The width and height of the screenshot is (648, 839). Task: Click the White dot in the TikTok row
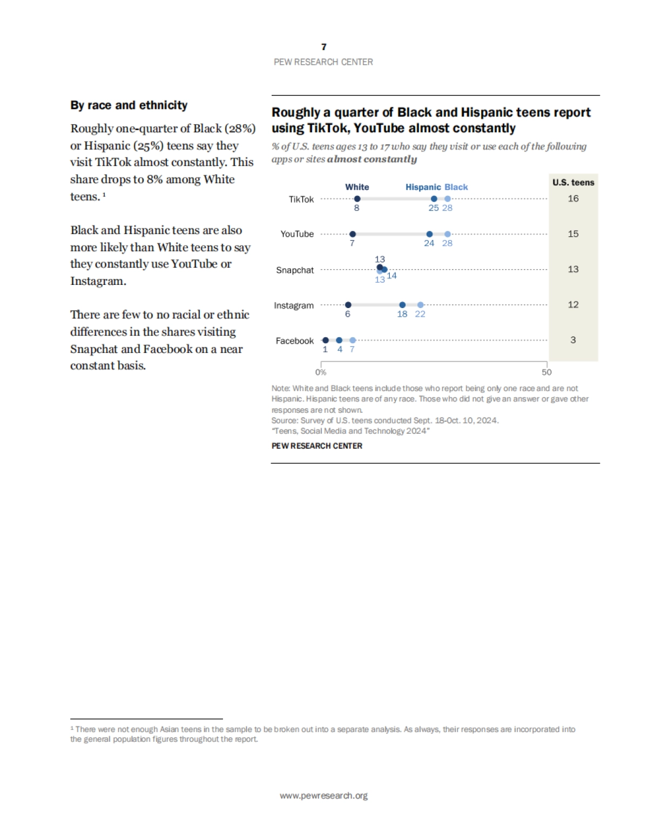pyautogui.click(x=357, y=199)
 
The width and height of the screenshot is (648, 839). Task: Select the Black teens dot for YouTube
pyautogui.click(x=448, y=234)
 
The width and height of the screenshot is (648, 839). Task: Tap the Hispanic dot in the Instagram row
pyautogui.click(x=402, y=305)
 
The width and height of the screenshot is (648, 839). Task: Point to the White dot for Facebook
pyautogui.click(x=325, y=340)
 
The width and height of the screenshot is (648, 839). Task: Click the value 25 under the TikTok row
pyautogui.click(x=434, y=208)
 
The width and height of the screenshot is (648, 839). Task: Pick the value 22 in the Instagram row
pyautogui.click(x=420, y=314)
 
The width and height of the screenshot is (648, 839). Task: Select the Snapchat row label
pyautogui.click(x=295, y=270)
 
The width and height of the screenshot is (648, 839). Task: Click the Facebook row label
pyautogui.click(x=295, y=341)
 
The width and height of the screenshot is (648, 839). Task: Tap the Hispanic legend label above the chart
pyautogui.click(x=423, y=187)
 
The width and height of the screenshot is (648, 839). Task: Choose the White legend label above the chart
pyautogui.click(x=357, y=187)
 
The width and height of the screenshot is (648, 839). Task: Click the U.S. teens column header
pyautogui.click(x=573, y=182)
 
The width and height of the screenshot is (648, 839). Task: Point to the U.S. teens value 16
pyautogui.click(x=573, y=199)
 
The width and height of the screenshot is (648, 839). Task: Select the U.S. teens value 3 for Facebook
pyautogui.click(x=573, y=340)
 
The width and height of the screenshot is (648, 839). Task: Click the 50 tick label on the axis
pyautogui.click(x=546, y=372)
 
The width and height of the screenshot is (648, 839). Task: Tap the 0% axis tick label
pyautogui.click(x=321, y=372)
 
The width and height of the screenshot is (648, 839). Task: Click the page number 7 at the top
pyautogui.click(x=323, y=47)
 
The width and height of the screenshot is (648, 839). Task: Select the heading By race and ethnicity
pyautogui.click(x=129, y=105)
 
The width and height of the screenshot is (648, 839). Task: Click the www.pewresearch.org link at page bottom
pyautogui.click(x=323, y=795)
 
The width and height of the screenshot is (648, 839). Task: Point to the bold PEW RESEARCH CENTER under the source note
pyautogui.click(x=317, y=446)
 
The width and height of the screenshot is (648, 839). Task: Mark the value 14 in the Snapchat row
pyautogui.click(x=392, y=276)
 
